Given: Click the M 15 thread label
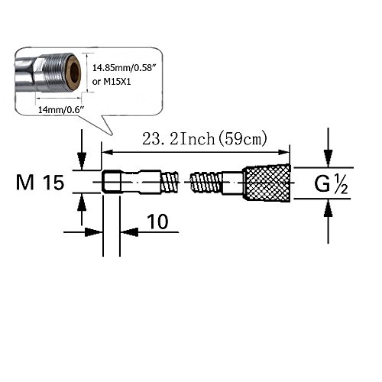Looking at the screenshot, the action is pyautogui.click(x=40, y=183).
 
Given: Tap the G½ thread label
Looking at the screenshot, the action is pyautogui.click(x=331, y=184).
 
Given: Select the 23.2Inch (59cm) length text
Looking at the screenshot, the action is pyautogui.click(x=205, y=139).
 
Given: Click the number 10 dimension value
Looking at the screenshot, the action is pyautogui.click(x=157, y=222).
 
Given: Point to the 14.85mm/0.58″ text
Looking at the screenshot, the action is pyautogui.click(x=124, y=68).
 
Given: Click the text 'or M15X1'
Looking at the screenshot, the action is pyautogui.click(x=112, y=82).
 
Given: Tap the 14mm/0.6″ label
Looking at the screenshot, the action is pyautogui.click(x=61, y=110).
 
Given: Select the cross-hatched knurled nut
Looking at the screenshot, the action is pyautogui.click(x=267, y=183).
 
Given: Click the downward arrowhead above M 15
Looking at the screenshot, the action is pyautogui.click(x=82, y=161).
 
